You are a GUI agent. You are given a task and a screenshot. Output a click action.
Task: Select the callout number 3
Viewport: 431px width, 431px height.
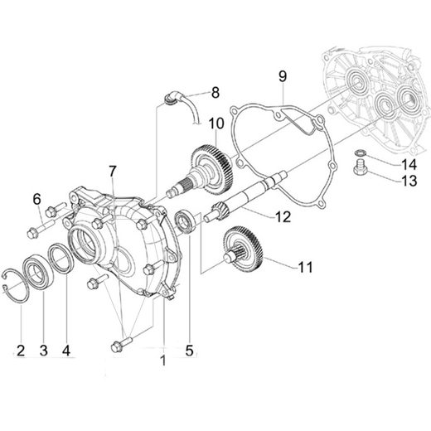(43, 351)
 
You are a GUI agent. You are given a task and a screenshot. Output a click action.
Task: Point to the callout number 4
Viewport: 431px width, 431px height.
(66, 351)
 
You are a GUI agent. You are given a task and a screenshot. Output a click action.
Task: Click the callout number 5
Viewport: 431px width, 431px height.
(190, 350)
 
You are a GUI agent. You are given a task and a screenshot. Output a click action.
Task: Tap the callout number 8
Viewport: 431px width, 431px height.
(215, 91)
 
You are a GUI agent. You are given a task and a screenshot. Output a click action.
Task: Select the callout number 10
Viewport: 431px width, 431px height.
(217, 123)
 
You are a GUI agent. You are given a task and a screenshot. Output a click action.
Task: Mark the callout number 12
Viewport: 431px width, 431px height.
(283, 219)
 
